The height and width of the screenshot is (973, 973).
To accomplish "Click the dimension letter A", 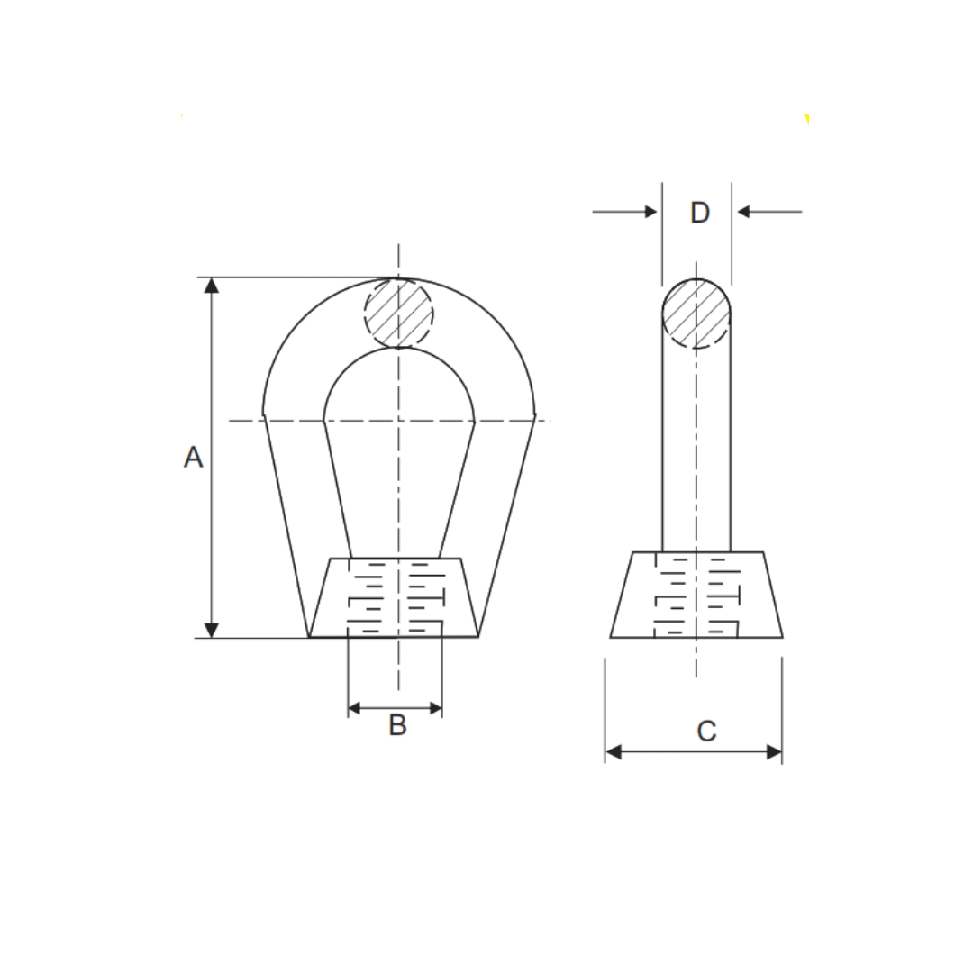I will click(193, 457).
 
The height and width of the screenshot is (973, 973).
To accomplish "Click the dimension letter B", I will click(397, 724).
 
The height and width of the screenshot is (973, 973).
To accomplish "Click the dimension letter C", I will click(706, 731).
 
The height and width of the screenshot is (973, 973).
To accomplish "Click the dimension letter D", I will click(699, 213).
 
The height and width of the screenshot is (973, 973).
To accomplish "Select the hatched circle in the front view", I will click(398, 313).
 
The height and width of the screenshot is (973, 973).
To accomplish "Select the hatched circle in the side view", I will click(696, 313).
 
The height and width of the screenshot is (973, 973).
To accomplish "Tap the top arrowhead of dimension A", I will click(212, 286).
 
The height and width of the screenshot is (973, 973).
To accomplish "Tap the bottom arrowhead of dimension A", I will click(212, 630).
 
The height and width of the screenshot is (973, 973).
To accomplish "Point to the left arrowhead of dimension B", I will click(355, 708).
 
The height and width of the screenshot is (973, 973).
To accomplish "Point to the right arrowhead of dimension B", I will click(435, 708).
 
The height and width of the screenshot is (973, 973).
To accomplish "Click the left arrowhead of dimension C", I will click(614, 752).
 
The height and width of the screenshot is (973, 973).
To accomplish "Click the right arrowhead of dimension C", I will click(774, 752).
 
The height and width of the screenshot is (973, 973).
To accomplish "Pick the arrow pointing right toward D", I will click(650, 212).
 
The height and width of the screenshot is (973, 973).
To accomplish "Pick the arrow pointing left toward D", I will click(744, 212).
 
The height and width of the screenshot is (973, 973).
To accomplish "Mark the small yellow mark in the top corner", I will click(806, 119).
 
